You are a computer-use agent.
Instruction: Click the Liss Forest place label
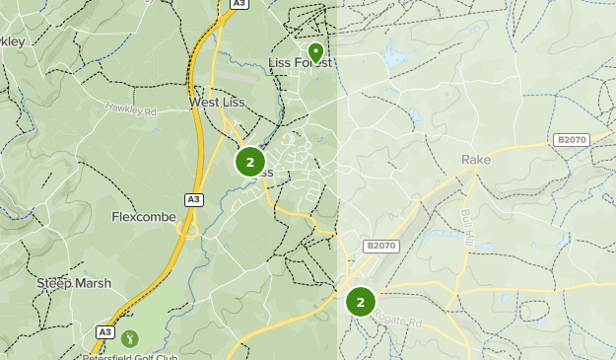300,63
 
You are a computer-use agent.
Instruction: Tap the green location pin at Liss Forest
315,51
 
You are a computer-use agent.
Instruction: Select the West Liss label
217,103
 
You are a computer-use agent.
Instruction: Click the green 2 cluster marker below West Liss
250,162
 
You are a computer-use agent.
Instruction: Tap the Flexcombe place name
144,217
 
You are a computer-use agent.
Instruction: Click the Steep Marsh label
74,283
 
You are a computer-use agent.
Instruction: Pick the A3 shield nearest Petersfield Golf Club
105,332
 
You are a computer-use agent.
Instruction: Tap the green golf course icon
130,338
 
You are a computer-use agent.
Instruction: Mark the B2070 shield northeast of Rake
571,140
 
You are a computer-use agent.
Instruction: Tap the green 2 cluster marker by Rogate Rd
361,302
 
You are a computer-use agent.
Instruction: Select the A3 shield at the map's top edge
239,4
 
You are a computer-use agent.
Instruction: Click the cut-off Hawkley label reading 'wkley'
14,41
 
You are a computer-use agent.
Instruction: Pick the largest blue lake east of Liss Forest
395,57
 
